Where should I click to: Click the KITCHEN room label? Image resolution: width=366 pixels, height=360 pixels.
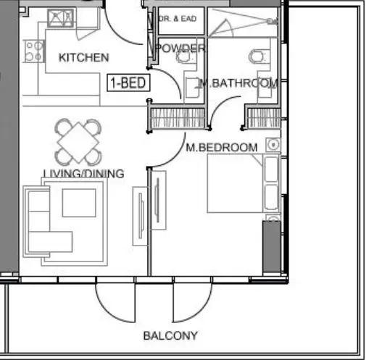(84, 57)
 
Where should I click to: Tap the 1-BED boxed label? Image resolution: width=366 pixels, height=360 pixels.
(129, 83)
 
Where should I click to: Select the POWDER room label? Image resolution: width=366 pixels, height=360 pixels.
(180, 49)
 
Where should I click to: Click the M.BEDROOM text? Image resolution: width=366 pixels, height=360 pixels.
(221, 148)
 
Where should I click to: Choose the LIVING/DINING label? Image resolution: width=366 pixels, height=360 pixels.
(83, 174)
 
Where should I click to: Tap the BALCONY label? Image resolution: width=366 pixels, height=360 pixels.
(170, 335)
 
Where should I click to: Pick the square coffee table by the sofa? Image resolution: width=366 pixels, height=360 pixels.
(79, 201)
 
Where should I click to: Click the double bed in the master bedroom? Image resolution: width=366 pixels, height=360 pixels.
(235, 184)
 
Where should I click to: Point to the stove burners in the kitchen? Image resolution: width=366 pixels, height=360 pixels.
(33, 50)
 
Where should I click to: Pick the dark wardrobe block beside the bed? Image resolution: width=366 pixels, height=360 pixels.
(271, 246)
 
